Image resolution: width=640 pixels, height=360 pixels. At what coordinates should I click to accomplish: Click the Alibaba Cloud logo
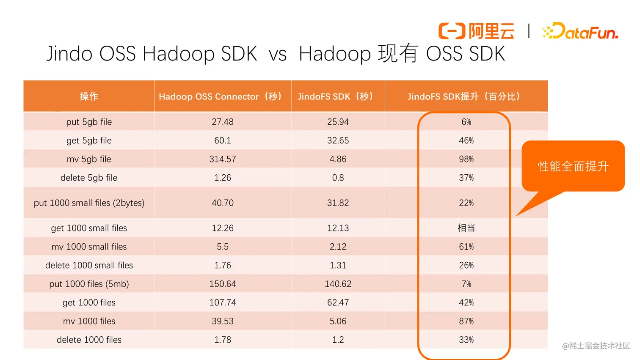point(476,31)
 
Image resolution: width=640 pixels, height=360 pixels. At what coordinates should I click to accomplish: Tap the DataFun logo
point(580,31)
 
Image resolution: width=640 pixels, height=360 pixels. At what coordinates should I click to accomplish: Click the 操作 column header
point(89,96)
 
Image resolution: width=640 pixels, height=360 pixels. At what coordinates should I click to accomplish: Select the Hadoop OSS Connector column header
point(221,96)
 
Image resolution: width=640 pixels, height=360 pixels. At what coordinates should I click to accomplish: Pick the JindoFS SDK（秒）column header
point(336,96)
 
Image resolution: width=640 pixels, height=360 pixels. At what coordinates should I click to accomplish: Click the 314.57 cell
point(223,159)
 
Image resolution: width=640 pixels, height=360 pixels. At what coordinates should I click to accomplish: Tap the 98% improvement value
point(466,159)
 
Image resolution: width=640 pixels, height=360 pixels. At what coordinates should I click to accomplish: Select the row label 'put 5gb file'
point(89,122)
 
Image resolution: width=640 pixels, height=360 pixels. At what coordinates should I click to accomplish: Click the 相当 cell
point(466,228)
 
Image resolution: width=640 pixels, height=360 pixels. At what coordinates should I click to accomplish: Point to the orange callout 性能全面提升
point(573,166)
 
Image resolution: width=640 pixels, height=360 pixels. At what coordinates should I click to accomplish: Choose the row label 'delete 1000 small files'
point(89,265)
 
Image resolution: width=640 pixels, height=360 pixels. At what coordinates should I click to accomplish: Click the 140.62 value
point(338,284)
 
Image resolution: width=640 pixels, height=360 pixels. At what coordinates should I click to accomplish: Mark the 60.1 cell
point(223,140)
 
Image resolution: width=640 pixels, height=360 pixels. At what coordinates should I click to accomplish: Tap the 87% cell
point(466,321)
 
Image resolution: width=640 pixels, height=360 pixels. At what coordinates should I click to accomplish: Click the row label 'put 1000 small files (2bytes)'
point(89,203)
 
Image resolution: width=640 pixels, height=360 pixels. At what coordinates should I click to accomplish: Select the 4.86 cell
point(338,159)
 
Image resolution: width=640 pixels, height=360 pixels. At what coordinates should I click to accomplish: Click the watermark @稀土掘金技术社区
point(596,346)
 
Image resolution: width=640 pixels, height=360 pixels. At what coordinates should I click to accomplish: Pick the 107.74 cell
point(223,302)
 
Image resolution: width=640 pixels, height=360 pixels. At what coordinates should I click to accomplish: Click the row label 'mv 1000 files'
point(89,321)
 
